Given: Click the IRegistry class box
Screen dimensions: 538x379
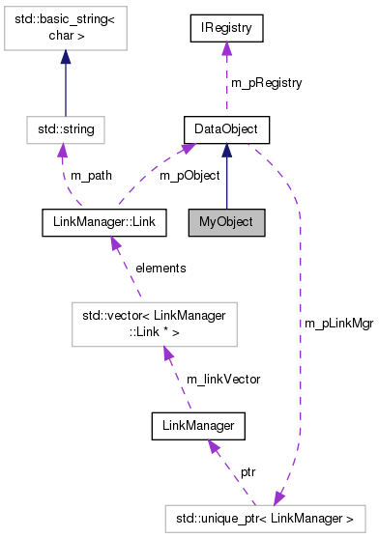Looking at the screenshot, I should click(x=227, y=29).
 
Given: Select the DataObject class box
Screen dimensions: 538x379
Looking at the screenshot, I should click(x=226, y=127).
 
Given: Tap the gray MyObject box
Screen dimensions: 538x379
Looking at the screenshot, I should click(x=226, y=221).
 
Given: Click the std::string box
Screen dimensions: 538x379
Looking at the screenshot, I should click(x=65, y=127).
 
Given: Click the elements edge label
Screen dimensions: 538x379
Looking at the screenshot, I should click(x=161, y=267).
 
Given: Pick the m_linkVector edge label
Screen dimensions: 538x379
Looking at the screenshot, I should click(x=222, y=379).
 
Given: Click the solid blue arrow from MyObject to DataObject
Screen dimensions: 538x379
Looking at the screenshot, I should click(x=226, y=179).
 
